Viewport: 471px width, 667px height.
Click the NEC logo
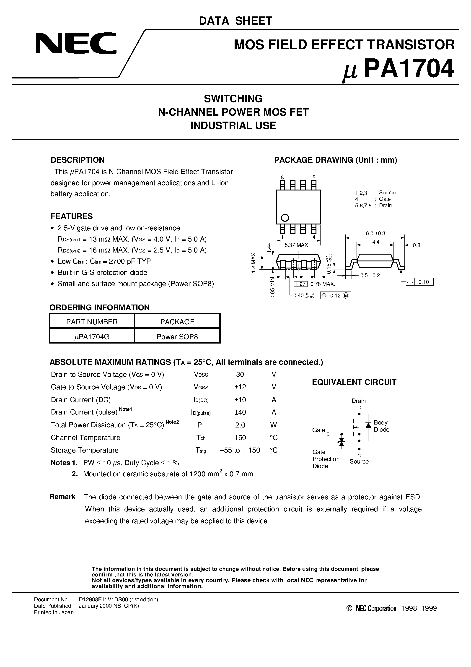(76, 44)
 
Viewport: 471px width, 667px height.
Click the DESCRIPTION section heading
(78, 160)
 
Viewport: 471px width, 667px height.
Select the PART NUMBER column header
(92, 322)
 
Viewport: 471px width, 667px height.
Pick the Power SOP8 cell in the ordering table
(177, 337)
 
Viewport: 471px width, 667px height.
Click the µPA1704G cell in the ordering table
(92, 337)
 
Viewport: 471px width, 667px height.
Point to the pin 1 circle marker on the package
(285, 218)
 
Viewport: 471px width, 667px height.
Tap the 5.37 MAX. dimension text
(297, 245)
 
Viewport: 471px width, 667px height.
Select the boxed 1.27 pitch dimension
(300, 284)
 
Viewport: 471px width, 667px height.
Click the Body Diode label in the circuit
(381, 426)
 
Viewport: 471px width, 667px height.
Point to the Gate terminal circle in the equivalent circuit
(329, 434)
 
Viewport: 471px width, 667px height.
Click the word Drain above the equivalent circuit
(358, 401)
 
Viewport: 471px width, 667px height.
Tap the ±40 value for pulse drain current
(240, 412)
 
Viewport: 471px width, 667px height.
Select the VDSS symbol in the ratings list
(201, 375)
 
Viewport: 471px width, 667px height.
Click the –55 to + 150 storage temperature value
(240, 450)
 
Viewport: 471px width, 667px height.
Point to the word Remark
(62, 497)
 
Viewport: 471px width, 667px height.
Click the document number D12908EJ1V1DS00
(118, 599)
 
